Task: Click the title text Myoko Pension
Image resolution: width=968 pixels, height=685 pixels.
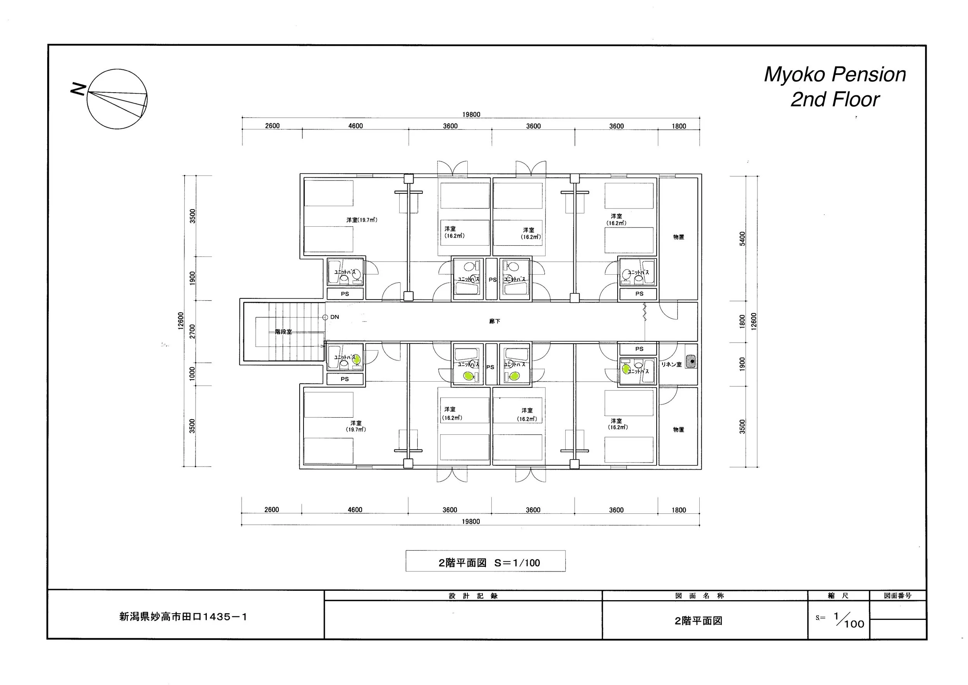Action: (x=835, y=75)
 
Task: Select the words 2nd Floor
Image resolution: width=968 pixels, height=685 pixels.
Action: (x=835, y=100)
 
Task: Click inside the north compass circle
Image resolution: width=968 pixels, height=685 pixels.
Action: (x=117, y=99)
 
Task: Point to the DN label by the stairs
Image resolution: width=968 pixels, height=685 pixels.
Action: (x=334, y=317)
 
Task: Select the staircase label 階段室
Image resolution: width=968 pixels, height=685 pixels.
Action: (x=283, y=332)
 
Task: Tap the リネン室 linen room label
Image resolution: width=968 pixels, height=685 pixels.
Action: (x=671, y=365)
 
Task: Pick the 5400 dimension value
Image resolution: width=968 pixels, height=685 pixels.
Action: (x=742, y=239)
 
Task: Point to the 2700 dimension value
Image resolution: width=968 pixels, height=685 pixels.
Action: (x=193, y=331)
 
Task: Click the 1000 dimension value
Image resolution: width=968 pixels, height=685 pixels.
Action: (x=193, y=374)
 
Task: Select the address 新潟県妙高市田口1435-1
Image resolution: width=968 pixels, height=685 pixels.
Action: (x=184, y=617)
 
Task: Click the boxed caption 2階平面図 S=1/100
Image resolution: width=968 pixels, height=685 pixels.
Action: (x=485, y=563)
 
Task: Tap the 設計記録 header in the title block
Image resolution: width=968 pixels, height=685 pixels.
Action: (x=473, y=596)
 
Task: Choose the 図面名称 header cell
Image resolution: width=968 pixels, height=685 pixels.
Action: (x=699, y=596)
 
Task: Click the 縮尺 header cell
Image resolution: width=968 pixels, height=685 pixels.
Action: (x=838, y=596)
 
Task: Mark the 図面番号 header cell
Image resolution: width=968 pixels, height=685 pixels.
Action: (x=898, y=596)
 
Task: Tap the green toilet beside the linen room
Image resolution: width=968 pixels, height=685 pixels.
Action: (x=626, y=369)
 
